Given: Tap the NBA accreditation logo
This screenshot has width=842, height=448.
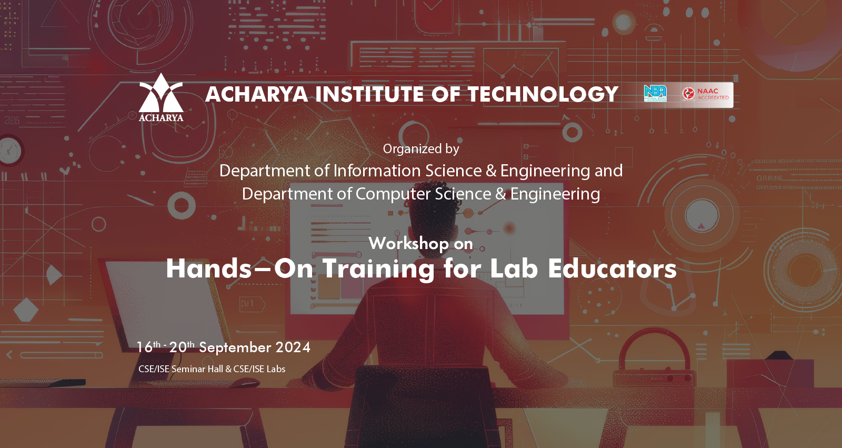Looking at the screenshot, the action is tap(655, 93).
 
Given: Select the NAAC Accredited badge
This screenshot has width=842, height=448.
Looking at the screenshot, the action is tap(706, 94).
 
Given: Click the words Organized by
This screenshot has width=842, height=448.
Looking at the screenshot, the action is tap(421, 149).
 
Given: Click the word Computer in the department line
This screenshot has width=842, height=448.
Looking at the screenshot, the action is tap(393, 194).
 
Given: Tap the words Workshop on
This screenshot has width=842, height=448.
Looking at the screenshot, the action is tap(420, 243).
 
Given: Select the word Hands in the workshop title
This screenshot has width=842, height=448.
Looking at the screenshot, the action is tap(208, 268).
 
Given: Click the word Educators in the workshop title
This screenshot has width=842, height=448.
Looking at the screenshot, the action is tap(612, 268).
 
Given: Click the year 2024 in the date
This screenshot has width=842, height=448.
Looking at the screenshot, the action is tap(293, 347).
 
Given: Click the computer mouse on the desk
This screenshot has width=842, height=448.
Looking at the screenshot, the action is tap(245, 383).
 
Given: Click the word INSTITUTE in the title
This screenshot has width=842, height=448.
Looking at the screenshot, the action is tap(370, 94).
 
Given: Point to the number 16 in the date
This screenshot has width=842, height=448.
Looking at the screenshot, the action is tap(144, 347).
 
